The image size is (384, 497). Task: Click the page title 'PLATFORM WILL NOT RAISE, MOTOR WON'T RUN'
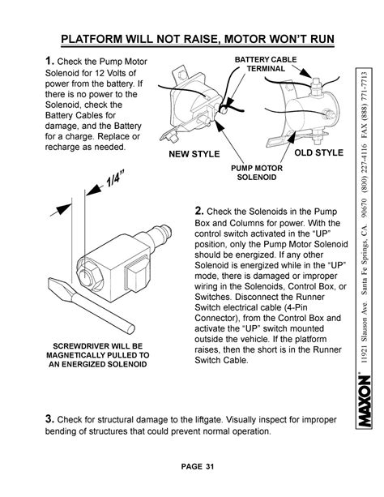pos(198,39)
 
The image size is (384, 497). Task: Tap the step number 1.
pos(49,61)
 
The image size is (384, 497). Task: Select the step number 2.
pos(199,211)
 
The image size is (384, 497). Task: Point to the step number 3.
pos(49,418)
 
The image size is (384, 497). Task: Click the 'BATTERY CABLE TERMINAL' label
pos(266,64)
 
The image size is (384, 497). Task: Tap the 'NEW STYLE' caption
pos(194,154)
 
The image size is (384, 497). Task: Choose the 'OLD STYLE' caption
pos(318,152)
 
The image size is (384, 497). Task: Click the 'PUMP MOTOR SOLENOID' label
pos(256,173)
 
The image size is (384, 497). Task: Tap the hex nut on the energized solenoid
pos(90,274)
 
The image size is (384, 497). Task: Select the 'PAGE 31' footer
pos(198,466)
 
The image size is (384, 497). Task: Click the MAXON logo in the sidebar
pos(364,401)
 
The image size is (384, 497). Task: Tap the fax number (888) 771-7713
pos(364,95)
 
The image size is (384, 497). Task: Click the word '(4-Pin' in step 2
pos(296,307)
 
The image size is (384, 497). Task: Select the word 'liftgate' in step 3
pos(207,420)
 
